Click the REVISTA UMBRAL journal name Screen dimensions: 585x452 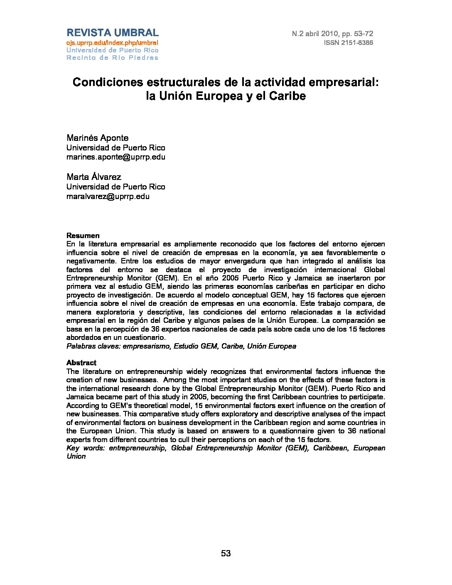click(x=112, y=33)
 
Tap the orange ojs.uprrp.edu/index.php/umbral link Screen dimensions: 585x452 click(x=112, y=43)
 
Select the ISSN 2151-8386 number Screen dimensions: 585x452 click(x=348, y=43)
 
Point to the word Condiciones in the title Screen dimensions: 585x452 click(x=103, y=82)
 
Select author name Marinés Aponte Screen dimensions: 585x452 click(x=98, y=138)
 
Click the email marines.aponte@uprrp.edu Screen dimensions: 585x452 click(x=116, y=157)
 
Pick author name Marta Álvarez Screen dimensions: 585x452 click(x=94, y=177)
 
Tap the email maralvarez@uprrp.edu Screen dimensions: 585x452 click(x=108, y=197)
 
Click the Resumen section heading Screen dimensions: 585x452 click(x=83, y=236)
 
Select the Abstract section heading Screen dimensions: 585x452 click(x=81, y=363)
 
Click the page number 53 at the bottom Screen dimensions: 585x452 click(x=226, y=553)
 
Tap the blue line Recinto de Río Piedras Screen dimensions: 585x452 click(x=112, y=58)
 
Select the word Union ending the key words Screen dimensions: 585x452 click(x=76, y=456)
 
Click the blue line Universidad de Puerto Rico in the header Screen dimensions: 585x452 click(x=112, y=50)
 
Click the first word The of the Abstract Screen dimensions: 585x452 click(x=72, y=371)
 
